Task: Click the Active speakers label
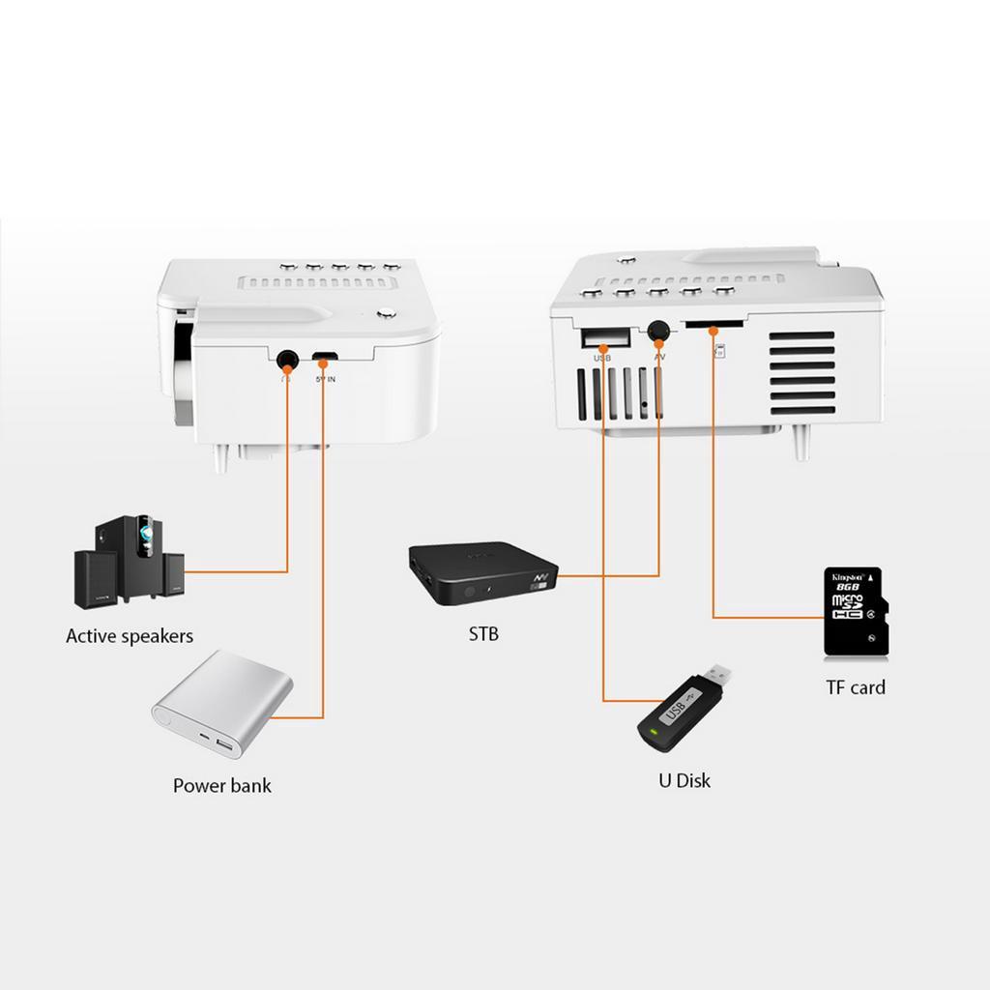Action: (130, 636)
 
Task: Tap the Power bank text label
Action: (221, 785)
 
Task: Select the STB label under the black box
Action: (483, 635)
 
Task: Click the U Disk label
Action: (684, 780)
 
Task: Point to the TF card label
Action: (855, 687)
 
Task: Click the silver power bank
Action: (222, 703)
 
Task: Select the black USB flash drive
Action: (683, 708)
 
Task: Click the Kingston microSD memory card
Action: (854, 612)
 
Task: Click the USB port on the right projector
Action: (604, 338)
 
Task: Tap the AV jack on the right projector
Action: (660, 331)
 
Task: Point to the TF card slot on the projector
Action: (713, 326)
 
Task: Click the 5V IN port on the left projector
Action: (324, 359)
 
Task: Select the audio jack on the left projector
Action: (286, 361)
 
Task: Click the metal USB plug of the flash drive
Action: (716, 673)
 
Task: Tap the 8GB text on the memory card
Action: (849, 587)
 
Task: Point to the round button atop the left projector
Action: (387, 312)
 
